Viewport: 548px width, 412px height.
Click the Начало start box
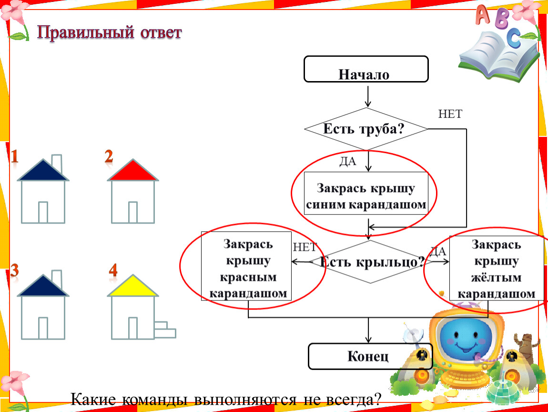pyautogui.click(x=366, y=69)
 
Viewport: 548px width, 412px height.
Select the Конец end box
pyautogui.click(x=370, y=356)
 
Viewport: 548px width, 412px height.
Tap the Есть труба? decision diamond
pyautogui.click(x=366, y=129)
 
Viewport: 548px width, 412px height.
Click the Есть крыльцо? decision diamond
pyautogui.click(x=370, y=262)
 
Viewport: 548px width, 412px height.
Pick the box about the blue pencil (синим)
pyautogui.click(x=366, y=196)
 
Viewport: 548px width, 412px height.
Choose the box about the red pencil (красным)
pyautogui.click(x=246, y=266)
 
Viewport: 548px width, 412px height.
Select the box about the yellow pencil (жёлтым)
pyautogui.click(x=496, y=268)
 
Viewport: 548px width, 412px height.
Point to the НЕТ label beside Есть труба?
pyautogui.click(x=450, y=114)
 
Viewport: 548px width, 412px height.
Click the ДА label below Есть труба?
pyautogui.click(x=348, y=161)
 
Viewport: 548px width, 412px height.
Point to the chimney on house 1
pyautogui.click(x=57, y=163)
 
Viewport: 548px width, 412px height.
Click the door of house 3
pyautogui.click(x=43, y=328)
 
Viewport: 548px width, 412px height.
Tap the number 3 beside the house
pyautogui.click(x=14, y=270)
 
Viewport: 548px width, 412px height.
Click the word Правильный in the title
pyautogui.click(x=86, y=32)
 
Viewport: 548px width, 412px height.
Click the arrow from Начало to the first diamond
pyautogui.click(x=368, y=96)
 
